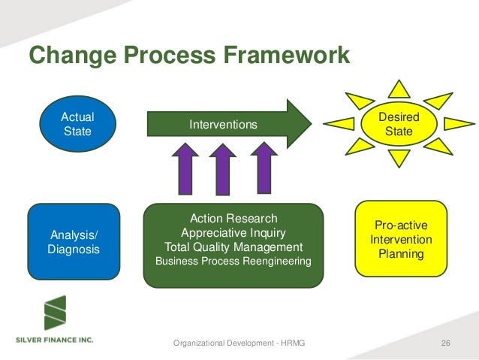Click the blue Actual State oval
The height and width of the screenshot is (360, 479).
(x=77, y=124)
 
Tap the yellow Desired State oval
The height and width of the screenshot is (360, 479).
(x=398, y=125)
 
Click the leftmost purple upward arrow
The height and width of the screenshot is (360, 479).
(x=185, y=171)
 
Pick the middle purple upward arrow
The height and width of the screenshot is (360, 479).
(x=222, y=171)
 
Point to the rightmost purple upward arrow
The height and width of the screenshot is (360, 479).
(x=264, y=171)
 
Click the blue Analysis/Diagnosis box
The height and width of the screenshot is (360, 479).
(x=74, y=241)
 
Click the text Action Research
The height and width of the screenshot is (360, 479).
(x=233, y=219)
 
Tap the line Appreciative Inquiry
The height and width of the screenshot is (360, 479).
(x=233, y=232)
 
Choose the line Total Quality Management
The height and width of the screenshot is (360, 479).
(x=233, y=247)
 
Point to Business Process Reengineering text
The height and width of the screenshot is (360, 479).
(x=233, y=261)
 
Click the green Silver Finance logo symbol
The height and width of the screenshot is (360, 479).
(x=54, y=313)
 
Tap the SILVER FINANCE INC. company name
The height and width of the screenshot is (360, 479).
(x=55, y=340)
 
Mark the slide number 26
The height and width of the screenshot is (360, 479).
(x=446, y=343)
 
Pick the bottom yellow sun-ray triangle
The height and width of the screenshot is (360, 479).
(x=399, y=157)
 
